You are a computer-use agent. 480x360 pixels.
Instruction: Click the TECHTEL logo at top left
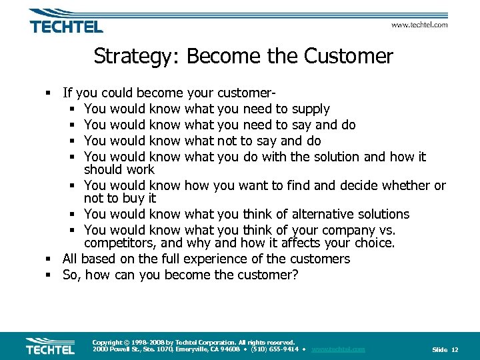(66, 23)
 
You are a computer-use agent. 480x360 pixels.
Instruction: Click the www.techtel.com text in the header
(419, 25)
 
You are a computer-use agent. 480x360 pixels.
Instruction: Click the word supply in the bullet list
(310, 109)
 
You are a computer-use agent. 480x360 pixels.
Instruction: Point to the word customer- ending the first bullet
(233, 93)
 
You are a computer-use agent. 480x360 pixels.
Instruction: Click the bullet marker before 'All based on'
(50, 259)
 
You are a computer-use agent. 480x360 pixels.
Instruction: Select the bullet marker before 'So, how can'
(50, 275)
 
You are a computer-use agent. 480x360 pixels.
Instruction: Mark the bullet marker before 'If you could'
(50, 93)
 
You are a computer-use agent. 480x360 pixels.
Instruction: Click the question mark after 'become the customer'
(295, 275)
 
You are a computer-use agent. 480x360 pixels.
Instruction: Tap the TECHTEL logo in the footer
(50, 347)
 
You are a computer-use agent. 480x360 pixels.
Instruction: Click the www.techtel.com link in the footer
(338, 349)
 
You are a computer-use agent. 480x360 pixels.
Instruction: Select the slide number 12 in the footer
(455, 349)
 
